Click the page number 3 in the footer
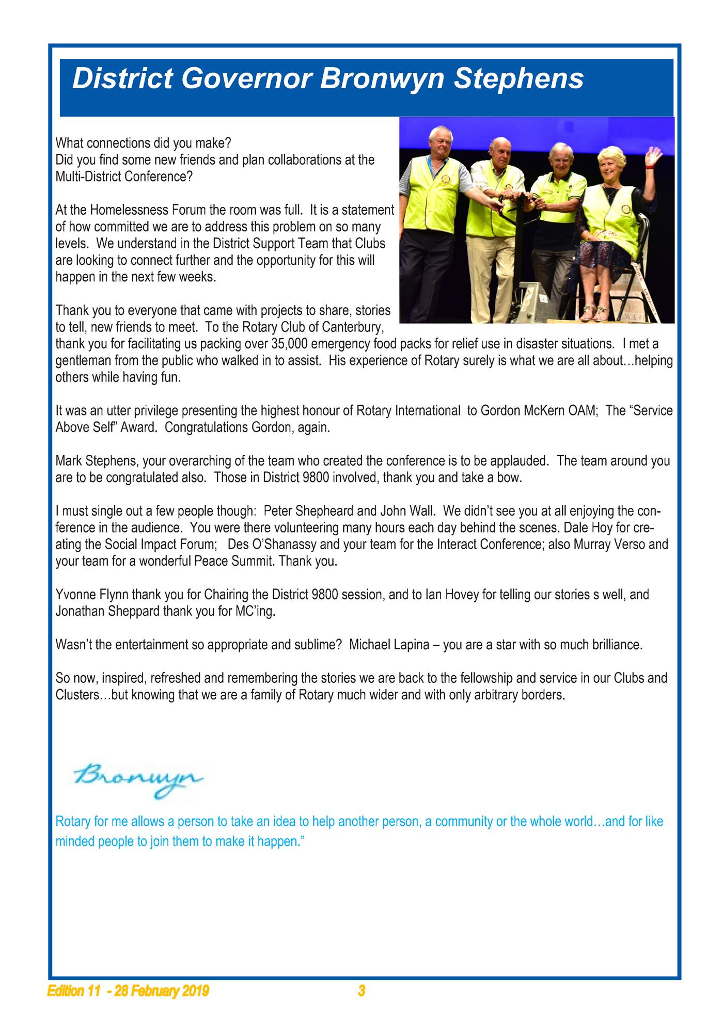coord(361,992)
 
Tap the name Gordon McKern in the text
coord(526,411)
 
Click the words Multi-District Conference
coord(118,177)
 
